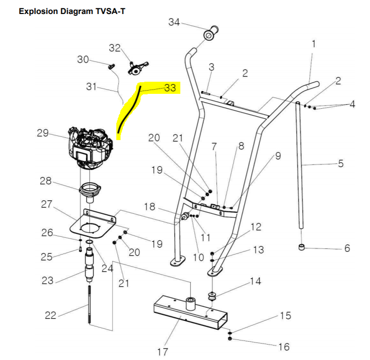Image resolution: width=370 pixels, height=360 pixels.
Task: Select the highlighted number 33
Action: (x=170, y=88)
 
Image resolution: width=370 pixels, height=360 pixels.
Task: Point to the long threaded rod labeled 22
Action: (x=88, y=305)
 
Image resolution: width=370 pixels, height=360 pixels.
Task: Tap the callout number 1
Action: (x=313, y=44)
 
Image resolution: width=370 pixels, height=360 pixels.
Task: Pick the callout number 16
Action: (x=284, y=346)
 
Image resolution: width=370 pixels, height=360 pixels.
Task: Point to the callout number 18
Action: (x=149, y=206)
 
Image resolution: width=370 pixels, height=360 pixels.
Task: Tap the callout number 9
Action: (x=278, y=156)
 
